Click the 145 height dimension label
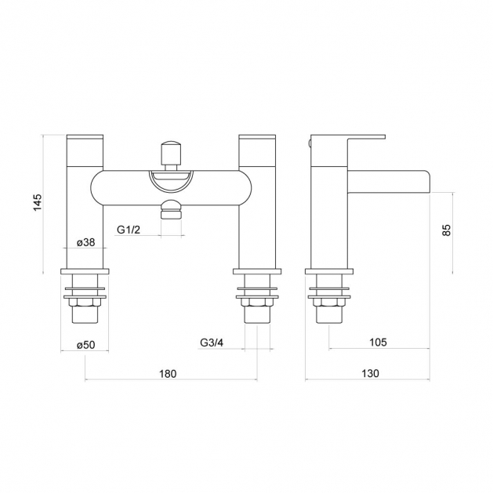pos(38,202)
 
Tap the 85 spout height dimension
pos(447,230)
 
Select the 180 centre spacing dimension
pos(168,374)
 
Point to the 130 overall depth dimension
pos(370,374)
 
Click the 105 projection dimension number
pos(378,342)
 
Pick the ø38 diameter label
pos(85,242)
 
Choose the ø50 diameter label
pos(85,345)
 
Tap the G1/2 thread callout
pos(129,230)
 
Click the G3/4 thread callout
pos(212,343)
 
